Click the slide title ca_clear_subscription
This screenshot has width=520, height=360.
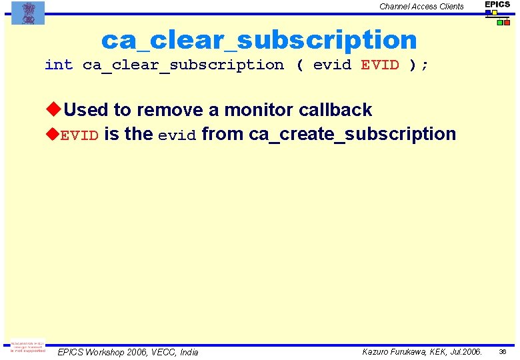click(259, 40)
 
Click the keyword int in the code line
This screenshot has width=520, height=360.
click(59, 65)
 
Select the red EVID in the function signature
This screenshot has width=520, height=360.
click(380, 65)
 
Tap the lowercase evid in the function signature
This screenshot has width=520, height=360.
click(332, 65)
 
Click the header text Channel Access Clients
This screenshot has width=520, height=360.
click(421, 7)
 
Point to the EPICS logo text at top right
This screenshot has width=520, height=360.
click(497, 5)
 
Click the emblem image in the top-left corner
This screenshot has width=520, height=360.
click(28, 13)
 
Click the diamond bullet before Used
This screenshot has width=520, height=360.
click(53, 109)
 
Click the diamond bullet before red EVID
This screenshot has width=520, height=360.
click(53, 134)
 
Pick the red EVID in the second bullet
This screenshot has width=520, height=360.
click(80, 135)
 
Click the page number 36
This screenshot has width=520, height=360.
click(503, 351)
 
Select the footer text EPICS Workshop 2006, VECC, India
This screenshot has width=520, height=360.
click(128, 352)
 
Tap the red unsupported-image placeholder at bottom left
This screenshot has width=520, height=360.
click(27, 347)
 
